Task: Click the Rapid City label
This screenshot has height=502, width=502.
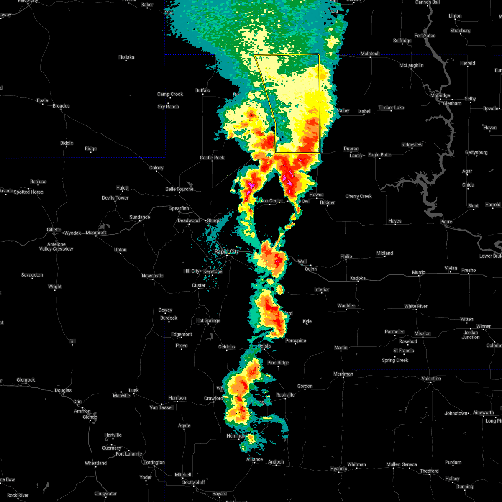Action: coord(227,251)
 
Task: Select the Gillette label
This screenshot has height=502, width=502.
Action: coord(54,230)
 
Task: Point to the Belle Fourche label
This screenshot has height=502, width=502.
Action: coord(179,189)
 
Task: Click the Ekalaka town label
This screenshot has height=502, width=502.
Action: coord(126,57)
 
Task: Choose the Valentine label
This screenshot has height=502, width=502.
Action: coord(431,379)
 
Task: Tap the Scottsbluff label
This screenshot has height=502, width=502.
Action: coord(194,482)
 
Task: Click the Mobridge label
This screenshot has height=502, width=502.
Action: coord(440,95)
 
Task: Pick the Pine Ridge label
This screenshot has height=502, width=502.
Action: coord(278,363)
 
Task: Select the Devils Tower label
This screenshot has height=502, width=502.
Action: coord(116,198)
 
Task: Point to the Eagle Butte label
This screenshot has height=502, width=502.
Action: coord(380,155)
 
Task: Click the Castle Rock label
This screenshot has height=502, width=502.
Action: coord(212,158)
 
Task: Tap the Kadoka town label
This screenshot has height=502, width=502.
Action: coord(358,278)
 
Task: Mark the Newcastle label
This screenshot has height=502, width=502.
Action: coord(152,276)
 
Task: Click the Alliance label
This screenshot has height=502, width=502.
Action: coord(254,459)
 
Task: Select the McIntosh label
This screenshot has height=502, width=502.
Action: coord(370,54)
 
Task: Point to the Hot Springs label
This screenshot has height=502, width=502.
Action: coord(208,320)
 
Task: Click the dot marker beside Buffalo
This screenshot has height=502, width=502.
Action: coord(203,95)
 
